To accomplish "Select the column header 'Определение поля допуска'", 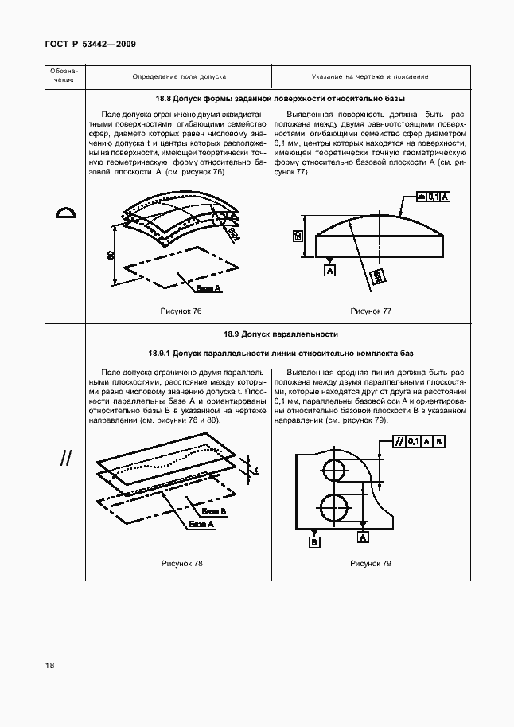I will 179,77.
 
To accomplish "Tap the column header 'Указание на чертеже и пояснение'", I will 370,77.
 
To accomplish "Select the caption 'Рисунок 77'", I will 371,311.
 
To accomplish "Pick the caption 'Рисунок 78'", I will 181,564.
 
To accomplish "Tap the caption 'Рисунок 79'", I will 371,564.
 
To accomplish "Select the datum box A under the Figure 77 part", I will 329,271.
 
